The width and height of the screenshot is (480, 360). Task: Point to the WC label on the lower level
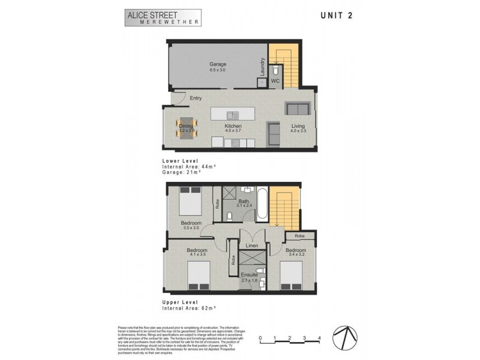click(x=275, y=80)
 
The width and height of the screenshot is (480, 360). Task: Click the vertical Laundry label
click(x=262, y=66)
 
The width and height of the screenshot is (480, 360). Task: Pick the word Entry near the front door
click(x=196, y=98)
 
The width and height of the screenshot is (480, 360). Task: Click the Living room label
click(x=298, y=126)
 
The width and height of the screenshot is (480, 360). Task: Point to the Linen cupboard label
click(x=253, y=246)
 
